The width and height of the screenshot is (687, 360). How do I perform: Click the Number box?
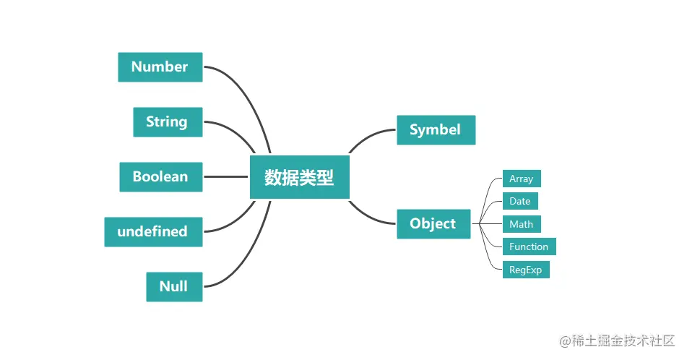pyautogui.click(x=160, y=67)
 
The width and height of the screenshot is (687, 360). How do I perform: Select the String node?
pyautogui.click(x=167, y=121)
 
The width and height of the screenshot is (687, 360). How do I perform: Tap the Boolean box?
pyautogui.click(x=160, y=177)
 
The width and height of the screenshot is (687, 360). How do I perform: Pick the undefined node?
pyautogui.click(x=152, y=232)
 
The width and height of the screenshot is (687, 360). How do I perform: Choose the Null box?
pyautogui.click(x=173, y=287)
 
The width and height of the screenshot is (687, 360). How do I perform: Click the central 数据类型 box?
pyautogui.click(x=299, y=177)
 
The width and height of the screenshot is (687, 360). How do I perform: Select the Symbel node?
pyautogui.click(x=436, y=130)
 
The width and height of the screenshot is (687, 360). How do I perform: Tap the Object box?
pyautogui.click(x=433, y=224)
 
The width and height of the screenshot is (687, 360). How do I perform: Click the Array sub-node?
pyautogui.click(x=521, y=179)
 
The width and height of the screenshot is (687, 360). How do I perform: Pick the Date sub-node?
pyautogui.click(x=519, y=201)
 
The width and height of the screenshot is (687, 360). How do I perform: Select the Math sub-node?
pyautogui.click(x=521, y=224)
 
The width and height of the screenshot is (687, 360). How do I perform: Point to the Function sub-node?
pyautogui.click(x=529, y=247)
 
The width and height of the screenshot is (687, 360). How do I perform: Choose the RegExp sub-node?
pyautogui.click(x=525, y=270)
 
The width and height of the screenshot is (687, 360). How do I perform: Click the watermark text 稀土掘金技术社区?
pyautogui.click(x=618, y=340)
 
